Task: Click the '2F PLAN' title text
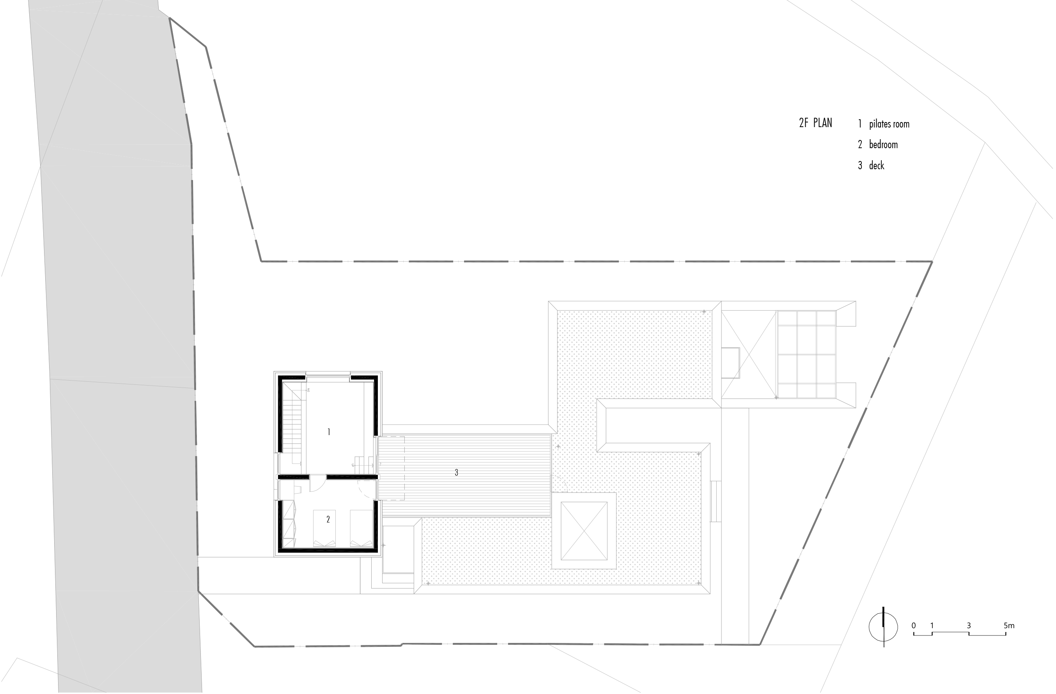click(815, 123)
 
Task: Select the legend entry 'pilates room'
click(889, 124)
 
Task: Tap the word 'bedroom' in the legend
click(883, 145)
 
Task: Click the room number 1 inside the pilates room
click(328, 432)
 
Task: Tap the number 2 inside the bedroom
click(328, 519)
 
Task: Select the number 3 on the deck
click(456, 473)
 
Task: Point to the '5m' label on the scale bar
click(1009, 626)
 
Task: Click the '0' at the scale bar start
click(914, 626)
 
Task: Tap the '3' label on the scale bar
click(969, 626)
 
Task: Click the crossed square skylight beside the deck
click(584, 531)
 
